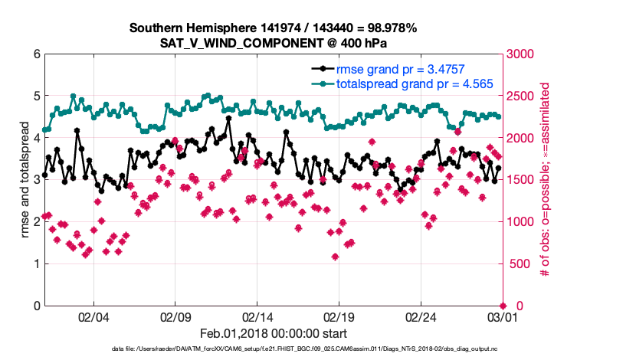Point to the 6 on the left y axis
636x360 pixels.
point(37,54)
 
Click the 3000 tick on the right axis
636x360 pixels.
point(522,54)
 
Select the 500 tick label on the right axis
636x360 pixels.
point(519,264)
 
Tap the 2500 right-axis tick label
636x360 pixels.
point(522,97)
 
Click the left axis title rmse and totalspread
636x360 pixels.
point(25,180)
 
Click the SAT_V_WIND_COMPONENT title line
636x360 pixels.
point(273,43)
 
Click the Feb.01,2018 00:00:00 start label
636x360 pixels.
point(273,333)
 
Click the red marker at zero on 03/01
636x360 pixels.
point(503,305)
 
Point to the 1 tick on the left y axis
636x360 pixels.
point(37,264)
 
